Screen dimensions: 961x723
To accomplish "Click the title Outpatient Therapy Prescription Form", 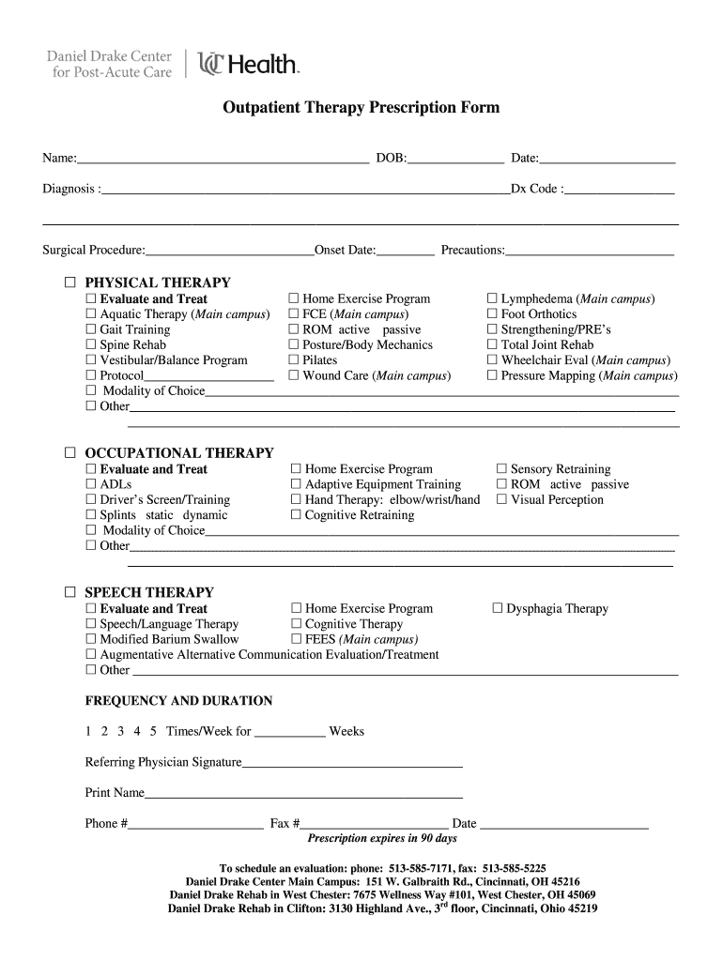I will click(361, 108).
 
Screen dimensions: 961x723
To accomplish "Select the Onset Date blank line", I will click(406, 252).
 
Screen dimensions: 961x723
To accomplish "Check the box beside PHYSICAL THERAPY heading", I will click(70, 282).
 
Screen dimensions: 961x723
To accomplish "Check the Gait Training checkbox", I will click(91, 329).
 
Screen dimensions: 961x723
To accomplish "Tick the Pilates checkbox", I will click(294, 360).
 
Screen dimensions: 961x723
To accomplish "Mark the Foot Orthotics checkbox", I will click(492, 314).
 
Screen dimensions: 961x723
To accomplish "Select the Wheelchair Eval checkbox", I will click(492, 360).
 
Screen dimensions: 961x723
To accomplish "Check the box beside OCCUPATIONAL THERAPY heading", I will click(70, 452).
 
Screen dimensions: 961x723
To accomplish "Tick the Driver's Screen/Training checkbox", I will click(91, 500).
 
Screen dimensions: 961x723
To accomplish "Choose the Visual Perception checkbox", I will click(501, 500).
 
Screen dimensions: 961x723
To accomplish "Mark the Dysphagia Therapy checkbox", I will click(499, 609).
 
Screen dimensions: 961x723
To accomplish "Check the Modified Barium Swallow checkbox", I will click(91, 639).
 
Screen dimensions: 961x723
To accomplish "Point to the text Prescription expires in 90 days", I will click(382, 838).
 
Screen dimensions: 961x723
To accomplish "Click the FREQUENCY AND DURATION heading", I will click(178, 701).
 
